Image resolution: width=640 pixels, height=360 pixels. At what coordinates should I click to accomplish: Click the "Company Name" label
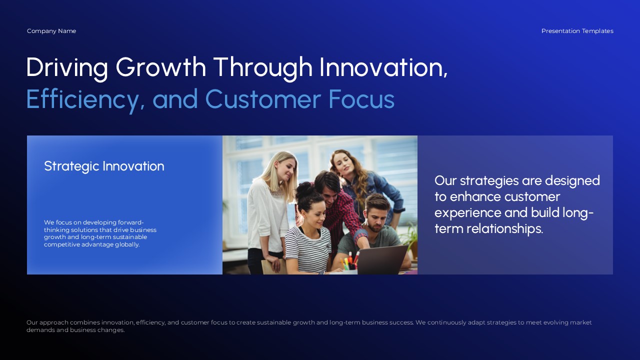pyautogui.click(x=51, y=31)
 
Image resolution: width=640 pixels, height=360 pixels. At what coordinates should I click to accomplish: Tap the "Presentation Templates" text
pyautogui.click(x=577, y=31)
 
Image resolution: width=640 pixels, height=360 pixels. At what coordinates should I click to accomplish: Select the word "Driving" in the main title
pyautogui.click(x=67, y=67)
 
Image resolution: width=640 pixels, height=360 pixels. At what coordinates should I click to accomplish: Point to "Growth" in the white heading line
pyautogui.click(x=160, y=67)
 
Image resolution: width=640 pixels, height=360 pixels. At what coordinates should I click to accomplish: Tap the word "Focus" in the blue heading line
pyautogui.click(x=361, y=99)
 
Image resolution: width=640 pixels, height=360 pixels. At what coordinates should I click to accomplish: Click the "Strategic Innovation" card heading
pyautogui.click(x=104, y=166)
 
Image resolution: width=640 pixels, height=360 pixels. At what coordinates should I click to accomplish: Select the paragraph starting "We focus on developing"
pyautogui.click(x=100, y=233)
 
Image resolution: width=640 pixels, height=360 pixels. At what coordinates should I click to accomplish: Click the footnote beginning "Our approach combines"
pyautogui.click(x=309, y=326)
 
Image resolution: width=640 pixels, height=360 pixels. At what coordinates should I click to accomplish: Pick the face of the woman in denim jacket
pyautogui.click(x=344, y=165)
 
